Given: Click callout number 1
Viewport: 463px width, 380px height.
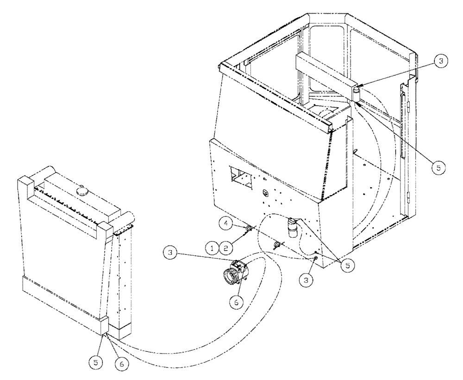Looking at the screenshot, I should tap(213, 248).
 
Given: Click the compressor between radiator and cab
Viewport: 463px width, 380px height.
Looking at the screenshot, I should tap(235, 274).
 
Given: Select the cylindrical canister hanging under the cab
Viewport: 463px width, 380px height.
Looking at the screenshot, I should tap(293, 227).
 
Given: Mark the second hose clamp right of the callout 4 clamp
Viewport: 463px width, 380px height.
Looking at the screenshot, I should tap(276, 245).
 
